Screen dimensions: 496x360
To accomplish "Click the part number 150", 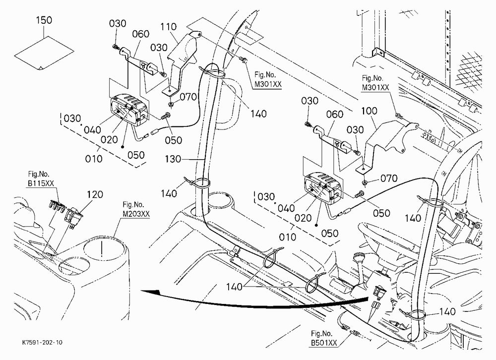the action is pyautogui.click(x=44, y=20).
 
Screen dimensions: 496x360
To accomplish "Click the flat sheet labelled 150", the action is pyautogui.click(x=44, y=53).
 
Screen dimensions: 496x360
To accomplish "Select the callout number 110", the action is pyautogui.click(x=168, y=27).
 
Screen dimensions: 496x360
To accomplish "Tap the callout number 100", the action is pyautogui.click(x=369, y=111).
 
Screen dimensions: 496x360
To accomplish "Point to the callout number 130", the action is pyautogui.click(x=173, y=159).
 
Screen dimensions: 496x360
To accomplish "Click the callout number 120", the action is pyautogui.click(x=95, y=194).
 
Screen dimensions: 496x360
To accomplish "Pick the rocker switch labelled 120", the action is pyautogui.click(x=73, y=217).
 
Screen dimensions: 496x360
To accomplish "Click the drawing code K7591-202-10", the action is pyautogui.click(x=42, y=343).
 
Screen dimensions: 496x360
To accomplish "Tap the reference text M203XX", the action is pyautogui.click(x=136, y=214).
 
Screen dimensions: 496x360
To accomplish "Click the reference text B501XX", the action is pyautogui.click(x=324, y=343).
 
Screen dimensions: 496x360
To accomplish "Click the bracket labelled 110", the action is pyautogui.click(x=182, y=61).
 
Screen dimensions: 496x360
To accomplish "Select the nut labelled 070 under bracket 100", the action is pyautogui.click(x=365, y=182).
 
